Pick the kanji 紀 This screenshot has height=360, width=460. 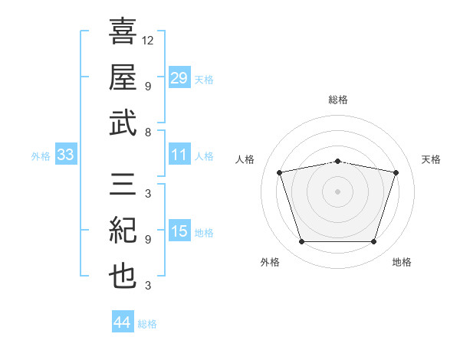click(123, 231)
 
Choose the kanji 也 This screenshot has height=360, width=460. click(123, 277)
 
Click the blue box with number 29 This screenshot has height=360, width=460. click(179, 78)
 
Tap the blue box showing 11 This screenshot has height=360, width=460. click(179, 155)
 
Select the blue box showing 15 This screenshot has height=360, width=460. click(179, 231)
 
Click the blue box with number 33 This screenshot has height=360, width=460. click(66, 155)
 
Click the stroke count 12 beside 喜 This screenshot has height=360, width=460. click(148, 40)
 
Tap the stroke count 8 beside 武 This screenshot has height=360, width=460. click(148, 133)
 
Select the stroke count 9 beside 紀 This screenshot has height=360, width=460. click(148, 240)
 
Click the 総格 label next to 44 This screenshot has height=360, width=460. click(147, 324)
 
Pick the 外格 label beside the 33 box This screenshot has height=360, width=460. click(41, 156)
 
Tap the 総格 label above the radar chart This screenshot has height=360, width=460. click(337, 100)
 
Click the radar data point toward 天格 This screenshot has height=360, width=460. click(396, 173)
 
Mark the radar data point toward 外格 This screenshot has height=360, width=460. click(301, 242)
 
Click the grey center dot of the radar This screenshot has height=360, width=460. click(337, 191)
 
